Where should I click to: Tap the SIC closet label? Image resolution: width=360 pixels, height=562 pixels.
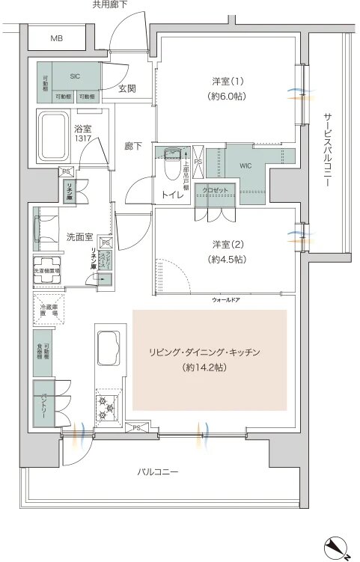[76, 75]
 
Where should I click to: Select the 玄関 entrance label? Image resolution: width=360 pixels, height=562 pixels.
[127, 88]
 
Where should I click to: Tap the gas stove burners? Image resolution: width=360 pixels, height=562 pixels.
[107, 408]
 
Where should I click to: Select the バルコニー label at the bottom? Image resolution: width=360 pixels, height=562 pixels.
[157, 472]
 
